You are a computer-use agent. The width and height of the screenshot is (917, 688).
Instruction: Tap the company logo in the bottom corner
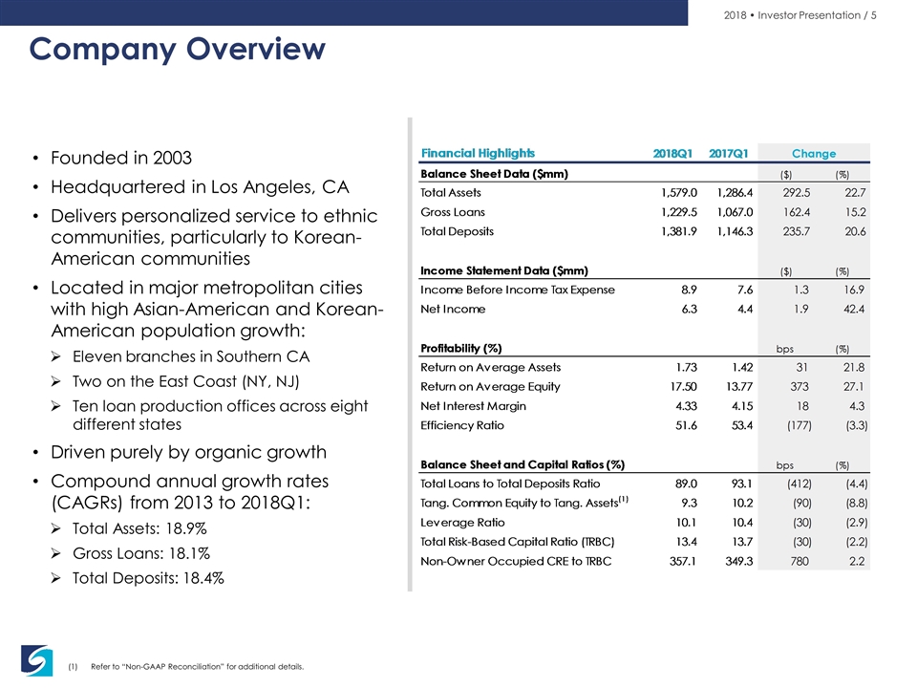37,660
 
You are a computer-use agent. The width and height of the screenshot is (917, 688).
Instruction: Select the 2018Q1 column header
672,153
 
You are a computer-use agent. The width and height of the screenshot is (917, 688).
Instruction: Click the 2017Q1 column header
729,153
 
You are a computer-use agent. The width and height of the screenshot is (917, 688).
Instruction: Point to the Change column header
814,153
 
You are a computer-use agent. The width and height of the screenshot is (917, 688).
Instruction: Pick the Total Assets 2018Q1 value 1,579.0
679,192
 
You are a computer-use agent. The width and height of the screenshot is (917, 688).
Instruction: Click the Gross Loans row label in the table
453,212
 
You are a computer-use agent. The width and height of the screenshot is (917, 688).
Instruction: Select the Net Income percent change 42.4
854,309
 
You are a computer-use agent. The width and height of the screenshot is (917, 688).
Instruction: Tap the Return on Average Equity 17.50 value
683,387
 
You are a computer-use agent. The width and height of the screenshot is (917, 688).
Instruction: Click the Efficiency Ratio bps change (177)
799,425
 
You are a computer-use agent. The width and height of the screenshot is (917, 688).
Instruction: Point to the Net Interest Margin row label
473,406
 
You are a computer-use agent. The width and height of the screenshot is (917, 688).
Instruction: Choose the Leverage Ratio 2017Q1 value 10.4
742,523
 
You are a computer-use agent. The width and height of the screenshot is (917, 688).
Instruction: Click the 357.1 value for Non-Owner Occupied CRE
683,561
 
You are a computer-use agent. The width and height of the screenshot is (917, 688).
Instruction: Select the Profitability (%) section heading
460,348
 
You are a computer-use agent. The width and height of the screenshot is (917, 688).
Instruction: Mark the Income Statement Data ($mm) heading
504,270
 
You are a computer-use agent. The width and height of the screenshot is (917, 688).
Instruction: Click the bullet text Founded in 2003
121,158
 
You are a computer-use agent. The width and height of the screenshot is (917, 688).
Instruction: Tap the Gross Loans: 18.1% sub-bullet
141,553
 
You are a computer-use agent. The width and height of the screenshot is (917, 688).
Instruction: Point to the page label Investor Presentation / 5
817,15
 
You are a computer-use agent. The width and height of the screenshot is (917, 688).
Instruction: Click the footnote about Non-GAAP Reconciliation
197,666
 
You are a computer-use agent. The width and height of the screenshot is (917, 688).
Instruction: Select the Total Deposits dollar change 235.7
797,231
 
